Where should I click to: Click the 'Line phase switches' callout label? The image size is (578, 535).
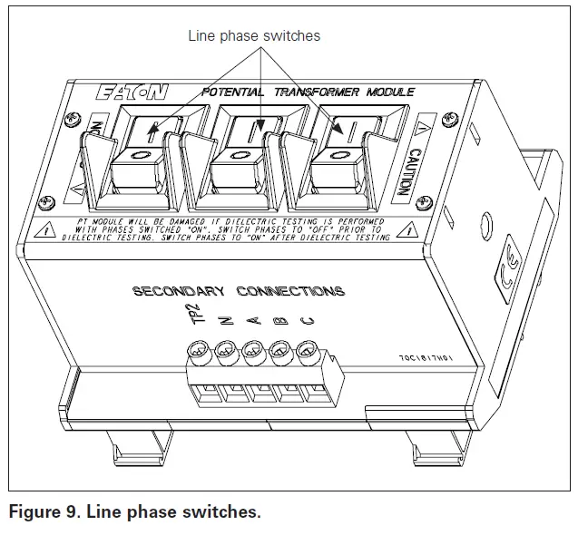pos(254,36)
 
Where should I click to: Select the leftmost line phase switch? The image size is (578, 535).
pos(142,164)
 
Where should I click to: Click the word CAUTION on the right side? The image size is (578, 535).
pos(407,171)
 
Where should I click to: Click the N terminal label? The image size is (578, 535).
pos(227,319)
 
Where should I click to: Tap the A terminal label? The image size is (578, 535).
pos(253,321)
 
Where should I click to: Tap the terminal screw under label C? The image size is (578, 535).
pos(307,350)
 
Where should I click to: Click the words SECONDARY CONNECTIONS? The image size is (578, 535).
pos(239,292)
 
